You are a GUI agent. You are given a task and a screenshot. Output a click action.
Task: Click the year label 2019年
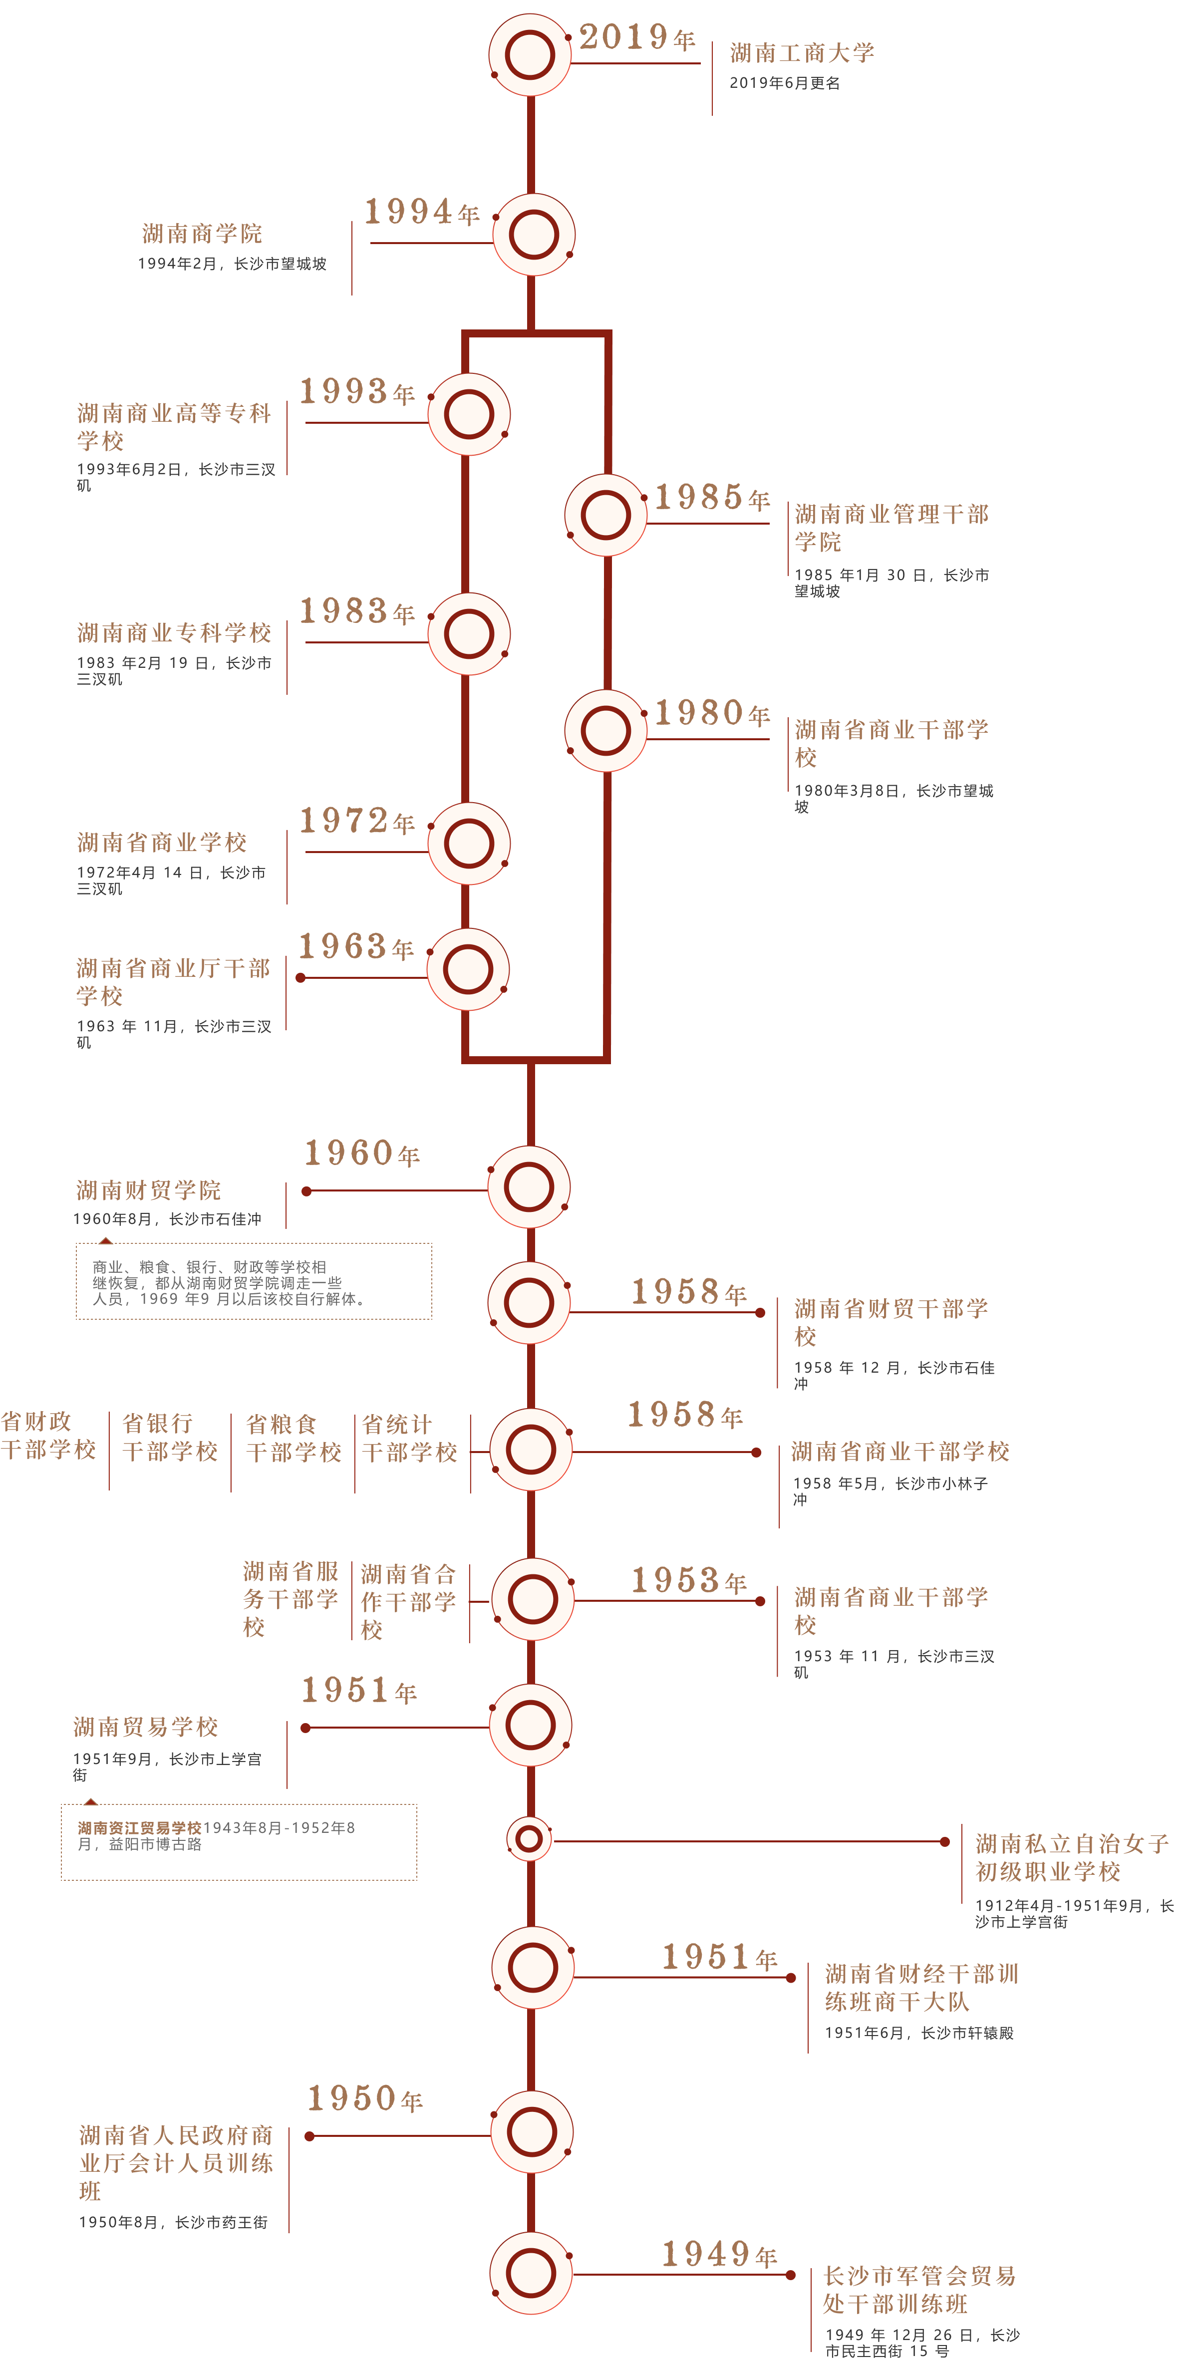[x=637, y=37]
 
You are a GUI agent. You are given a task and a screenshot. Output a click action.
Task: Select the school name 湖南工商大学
[x=802, y=53]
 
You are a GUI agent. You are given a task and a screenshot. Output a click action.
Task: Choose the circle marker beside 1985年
[x=605, y=515]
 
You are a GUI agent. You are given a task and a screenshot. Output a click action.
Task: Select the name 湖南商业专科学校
[x=174, y=633]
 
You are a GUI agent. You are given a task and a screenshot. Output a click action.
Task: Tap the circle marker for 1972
[x=468, y=844]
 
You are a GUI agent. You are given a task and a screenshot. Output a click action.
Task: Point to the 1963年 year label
[x=356, y=946]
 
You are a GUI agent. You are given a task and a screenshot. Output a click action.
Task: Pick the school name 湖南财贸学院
[x=149, y=1190]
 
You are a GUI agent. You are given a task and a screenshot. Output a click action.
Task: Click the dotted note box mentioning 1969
[x=254, y=1281]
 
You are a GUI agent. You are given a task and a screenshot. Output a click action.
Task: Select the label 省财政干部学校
[x=48, y=1436]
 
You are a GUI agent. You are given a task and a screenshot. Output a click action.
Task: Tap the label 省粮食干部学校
[x=294, y=1438]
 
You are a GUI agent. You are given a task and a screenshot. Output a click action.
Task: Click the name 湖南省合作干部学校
[x=409, y=1602]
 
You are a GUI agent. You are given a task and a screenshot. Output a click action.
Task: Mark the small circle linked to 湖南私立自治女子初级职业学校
[x=529, y=1838]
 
